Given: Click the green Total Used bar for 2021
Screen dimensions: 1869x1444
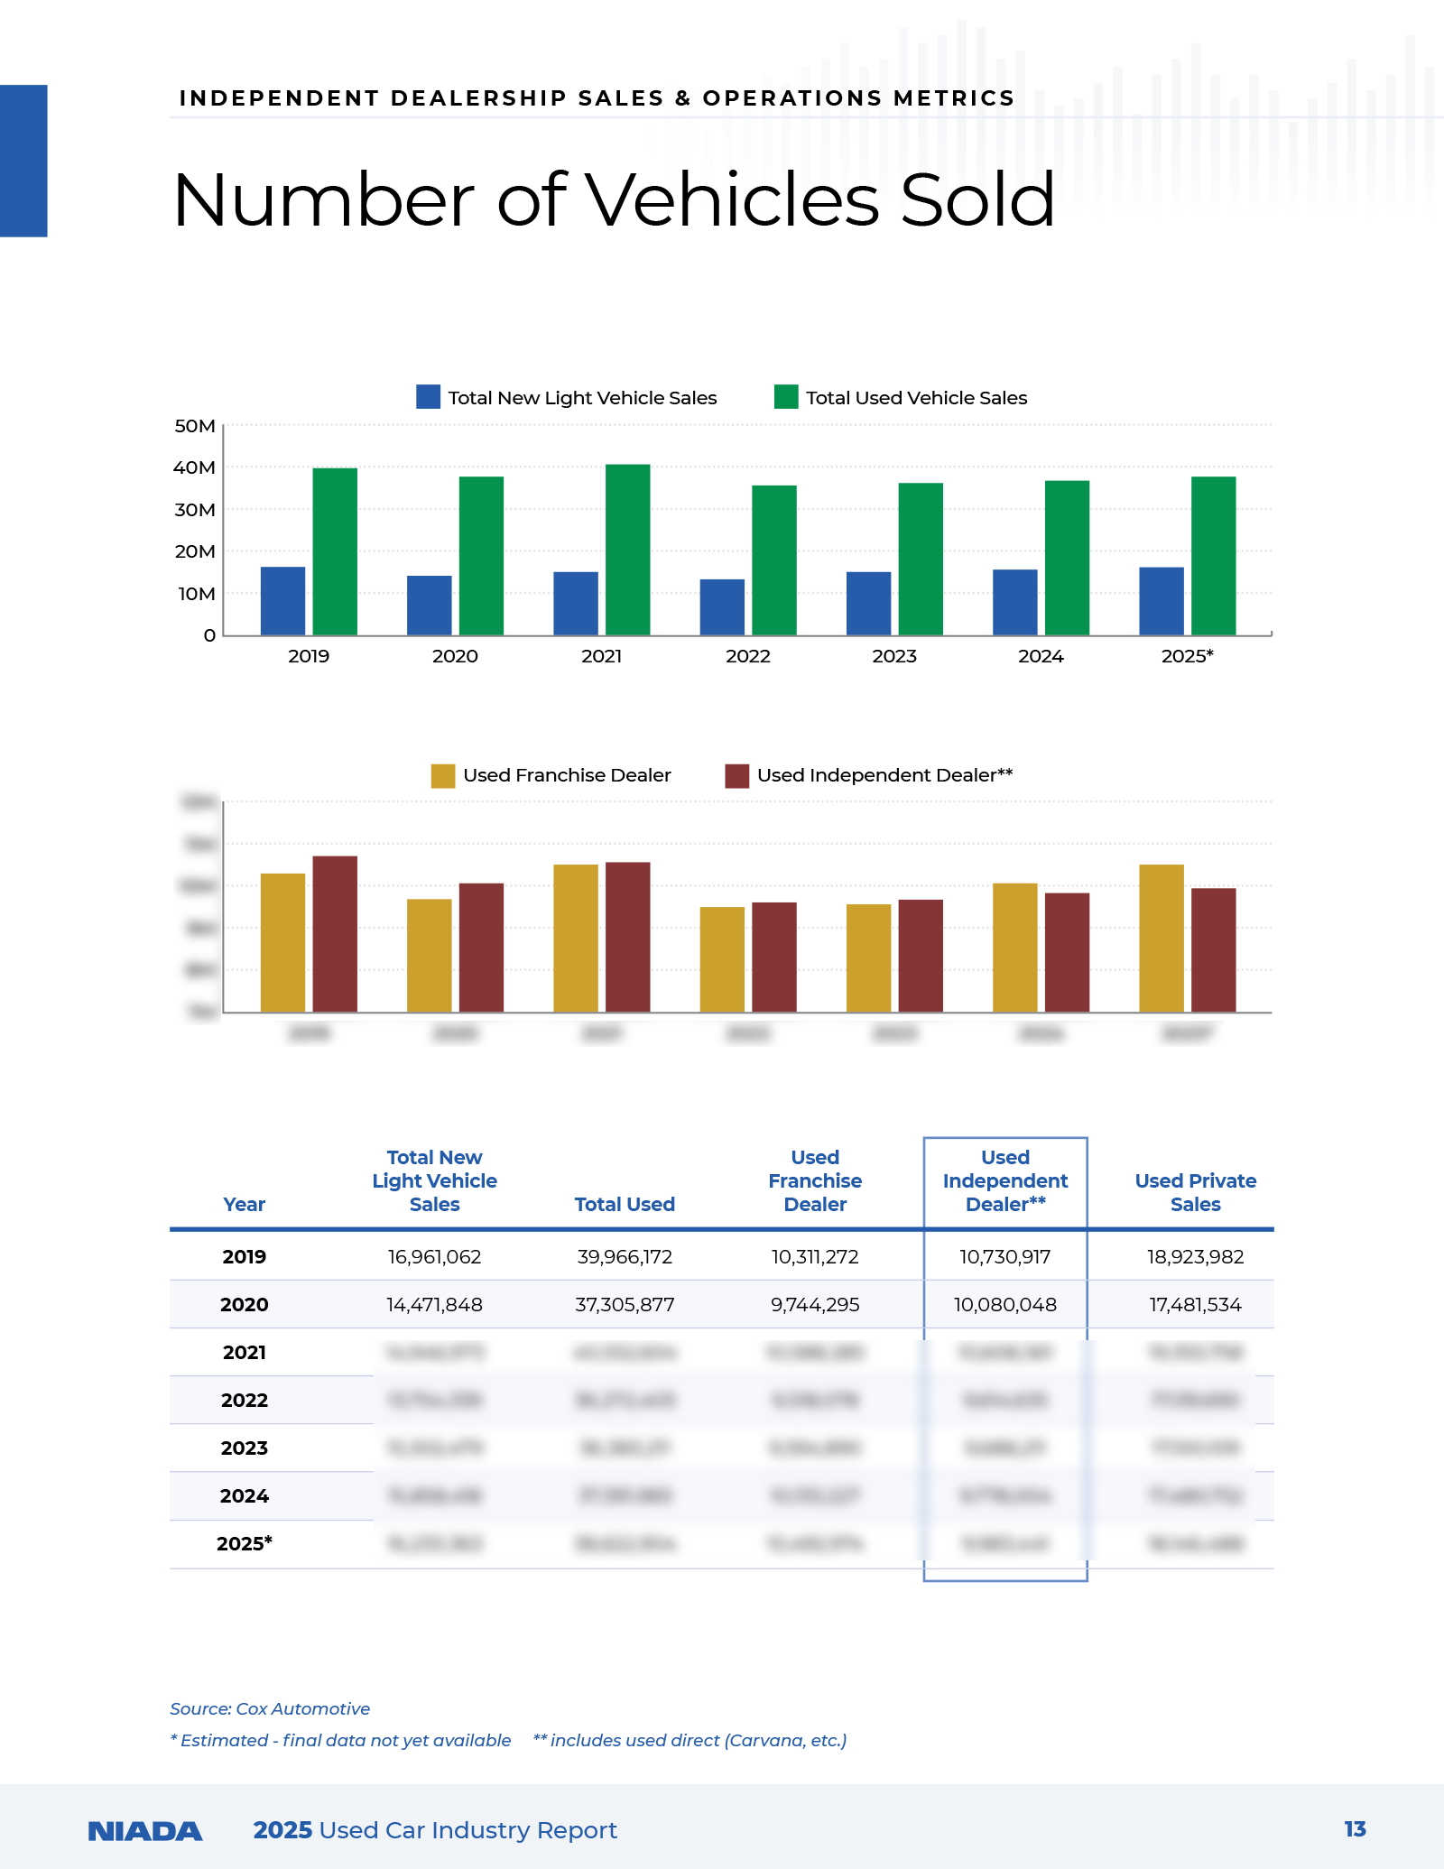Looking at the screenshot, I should (x=627, y=550).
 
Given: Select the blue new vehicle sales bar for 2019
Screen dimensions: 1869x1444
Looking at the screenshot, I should (x=282, y=601).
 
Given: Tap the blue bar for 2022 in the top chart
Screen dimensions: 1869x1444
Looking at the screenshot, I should (x=722, y=607).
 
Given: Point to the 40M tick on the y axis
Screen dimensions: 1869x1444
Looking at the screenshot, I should (x=195, y=467).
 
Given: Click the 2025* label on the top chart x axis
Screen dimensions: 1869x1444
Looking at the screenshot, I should (x=1187, y=656).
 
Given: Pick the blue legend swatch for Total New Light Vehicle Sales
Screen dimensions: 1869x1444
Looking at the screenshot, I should (x=428, y=397).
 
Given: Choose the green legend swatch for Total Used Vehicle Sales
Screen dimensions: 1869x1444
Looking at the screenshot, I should (x=786, y=397).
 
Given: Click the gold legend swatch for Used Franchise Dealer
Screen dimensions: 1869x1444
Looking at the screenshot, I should (x=442, y=775).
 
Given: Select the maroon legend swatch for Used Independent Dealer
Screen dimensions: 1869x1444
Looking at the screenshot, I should (x=736, y=775).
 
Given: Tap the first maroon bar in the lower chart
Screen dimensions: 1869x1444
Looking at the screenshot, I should (x=335, y=934).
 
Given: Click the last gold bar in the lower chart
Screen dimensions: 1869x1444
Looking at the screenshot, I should (x=1162, y=939).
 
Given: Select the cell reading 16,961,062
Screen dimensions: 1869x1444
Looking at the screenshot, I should (x=434, y=1256).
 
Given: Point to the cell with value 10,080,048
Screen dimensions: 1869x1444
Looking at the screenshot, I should (x=1004, y=1304).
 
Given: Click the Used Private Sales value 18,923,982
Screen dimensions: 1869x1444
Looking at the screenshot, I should (x=1195, y=1256).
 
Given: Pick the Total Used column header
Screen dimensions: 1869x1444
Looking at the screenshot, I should (x=625, y=1204).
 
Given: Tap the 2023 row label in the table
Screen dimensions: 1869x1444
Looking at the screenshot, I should (x=245, y=1448).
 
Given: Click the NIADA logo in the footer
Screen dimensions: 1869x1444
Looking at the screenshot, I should (x=145, y=1830).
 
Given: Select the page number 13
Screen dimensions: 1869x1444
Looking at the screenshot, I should (x=1355, y=1828).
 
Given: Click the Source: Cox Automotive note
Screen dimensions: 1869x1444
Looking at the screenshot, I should (x=270, y=1708).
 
